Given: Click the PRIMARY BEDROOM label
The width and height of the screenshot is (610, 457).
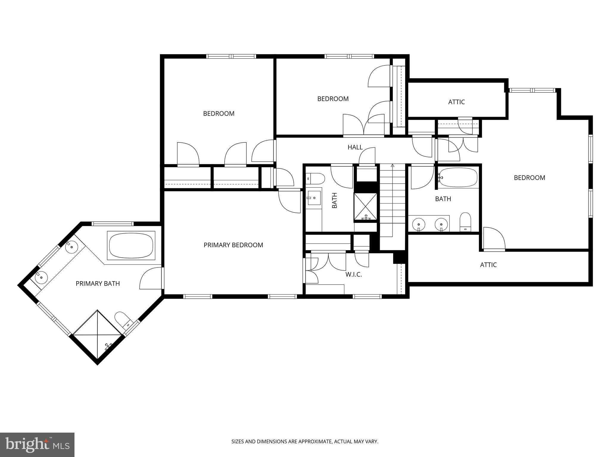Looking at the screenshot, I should pyautogui.click(x=233, y=245).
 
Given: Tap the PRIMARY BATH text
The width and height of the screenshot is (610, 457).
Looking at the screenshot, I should pyautogui.click(x=98, y=284).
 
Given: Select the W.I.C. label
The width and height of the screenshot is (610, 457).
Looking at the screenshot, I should pyautogui.click(x=354, y=275).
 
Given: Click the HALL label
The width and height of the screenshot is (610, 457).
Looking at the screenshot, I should pyautogui.click(x=355, y=147).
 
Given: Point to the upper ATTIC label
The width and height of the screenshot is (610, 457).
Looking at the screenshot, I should pyautogui.click(x=456, y=102).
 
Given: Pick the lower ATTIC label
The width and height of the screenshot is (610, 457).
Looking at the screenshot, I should pyautogui.click(x=488, y=265).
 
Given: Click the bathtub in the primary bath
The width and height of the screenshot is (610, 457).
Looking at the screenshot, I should pyautogui.click(x=131, y=246).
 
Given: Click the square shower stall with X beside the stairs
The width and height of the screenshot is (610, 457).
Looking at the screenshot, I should pyautogui.click(x=365, y=207).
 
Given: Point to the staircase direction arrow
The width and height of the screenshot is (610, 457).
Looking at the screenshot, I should pyautogui.click(x=393, y=165).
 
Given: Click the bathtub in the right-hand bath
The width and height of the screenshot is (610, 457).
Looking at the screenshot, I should pyautogui.click(x=458, y=178).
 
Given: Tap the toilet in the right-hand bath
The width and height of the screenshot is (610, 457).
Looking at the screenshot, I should pyautogui.click(x=465, y=221).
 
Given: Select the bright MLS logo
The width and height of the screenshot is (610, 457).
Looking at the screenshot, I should pyautogui.click(x=37, y=445).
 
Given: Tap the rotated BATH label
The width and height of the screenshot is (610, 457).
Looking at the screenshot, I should pyautogui.click(x=334, y=200).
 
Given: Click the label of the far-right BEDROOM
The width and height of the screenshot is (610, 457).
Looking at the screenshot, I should pyautogui.click(x=529, y=178).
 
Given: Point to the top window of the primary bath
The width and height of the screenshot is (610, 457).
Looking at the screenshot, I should pyautogui.click(x=112, y=224).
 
